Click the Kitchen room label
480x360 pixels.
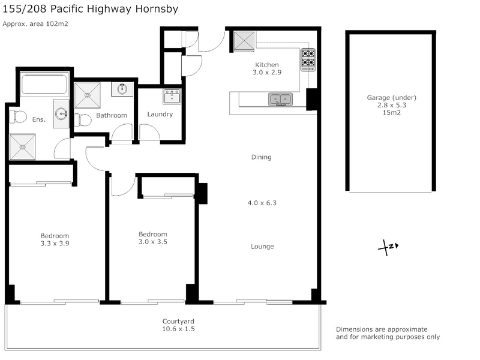(x=267, y=65)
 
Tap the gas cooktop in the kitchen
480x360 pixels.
(x=308, y=59)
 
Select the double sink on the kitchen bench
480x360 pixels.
(x=280, y=100)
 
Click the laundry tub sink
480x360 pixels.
(x=172, y=96)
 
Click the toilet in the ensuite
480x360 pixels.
(x=17, y=116)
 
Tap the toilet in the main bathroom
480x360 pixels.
(x=83, y=119)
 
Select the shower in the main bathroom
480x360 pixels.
(x=87, y=95)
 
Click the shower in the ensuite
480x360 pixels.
(x=22, y=147)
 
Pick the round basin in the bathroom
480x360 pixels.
(x=122, y=89)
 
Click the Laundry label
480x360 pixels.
(x=160, y=114)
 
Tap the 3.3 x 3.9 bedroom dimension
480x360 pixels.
(x=55, y=244)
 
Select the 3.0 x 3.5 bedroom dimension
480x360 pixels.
(x=153, y=242)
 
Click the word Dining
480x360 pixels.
(x=261, y=157)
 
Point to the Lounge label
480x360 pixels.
(x=262, y=247)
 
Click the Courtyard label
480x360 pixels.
(x=178, y=322)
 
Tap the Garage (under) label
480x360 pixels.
(x=392, y=98)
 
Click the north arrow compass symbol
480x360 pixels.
(x=388, y=247)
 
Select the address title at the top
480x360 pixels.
(x=91, y=9)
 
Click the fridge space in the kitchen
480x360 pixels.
(x=244, y=40)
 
